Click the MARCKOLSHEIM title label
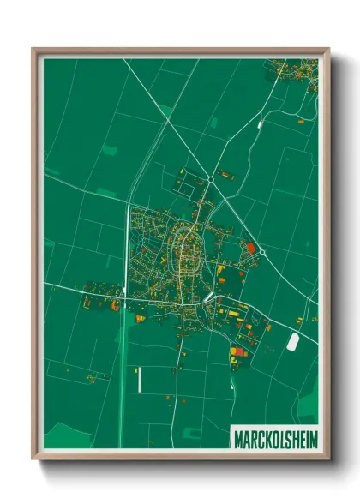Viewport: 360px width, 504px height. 274,440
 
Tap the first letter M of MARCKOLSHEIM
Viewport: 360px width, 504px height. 237,440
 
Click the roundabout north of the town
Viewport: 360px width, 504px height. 210,178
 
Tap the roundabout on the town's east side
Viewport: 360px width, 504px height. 262,252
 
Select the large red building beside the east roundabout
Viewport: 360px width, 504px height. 250,248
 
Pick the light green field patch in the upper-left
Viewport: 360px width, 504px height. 109,151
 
